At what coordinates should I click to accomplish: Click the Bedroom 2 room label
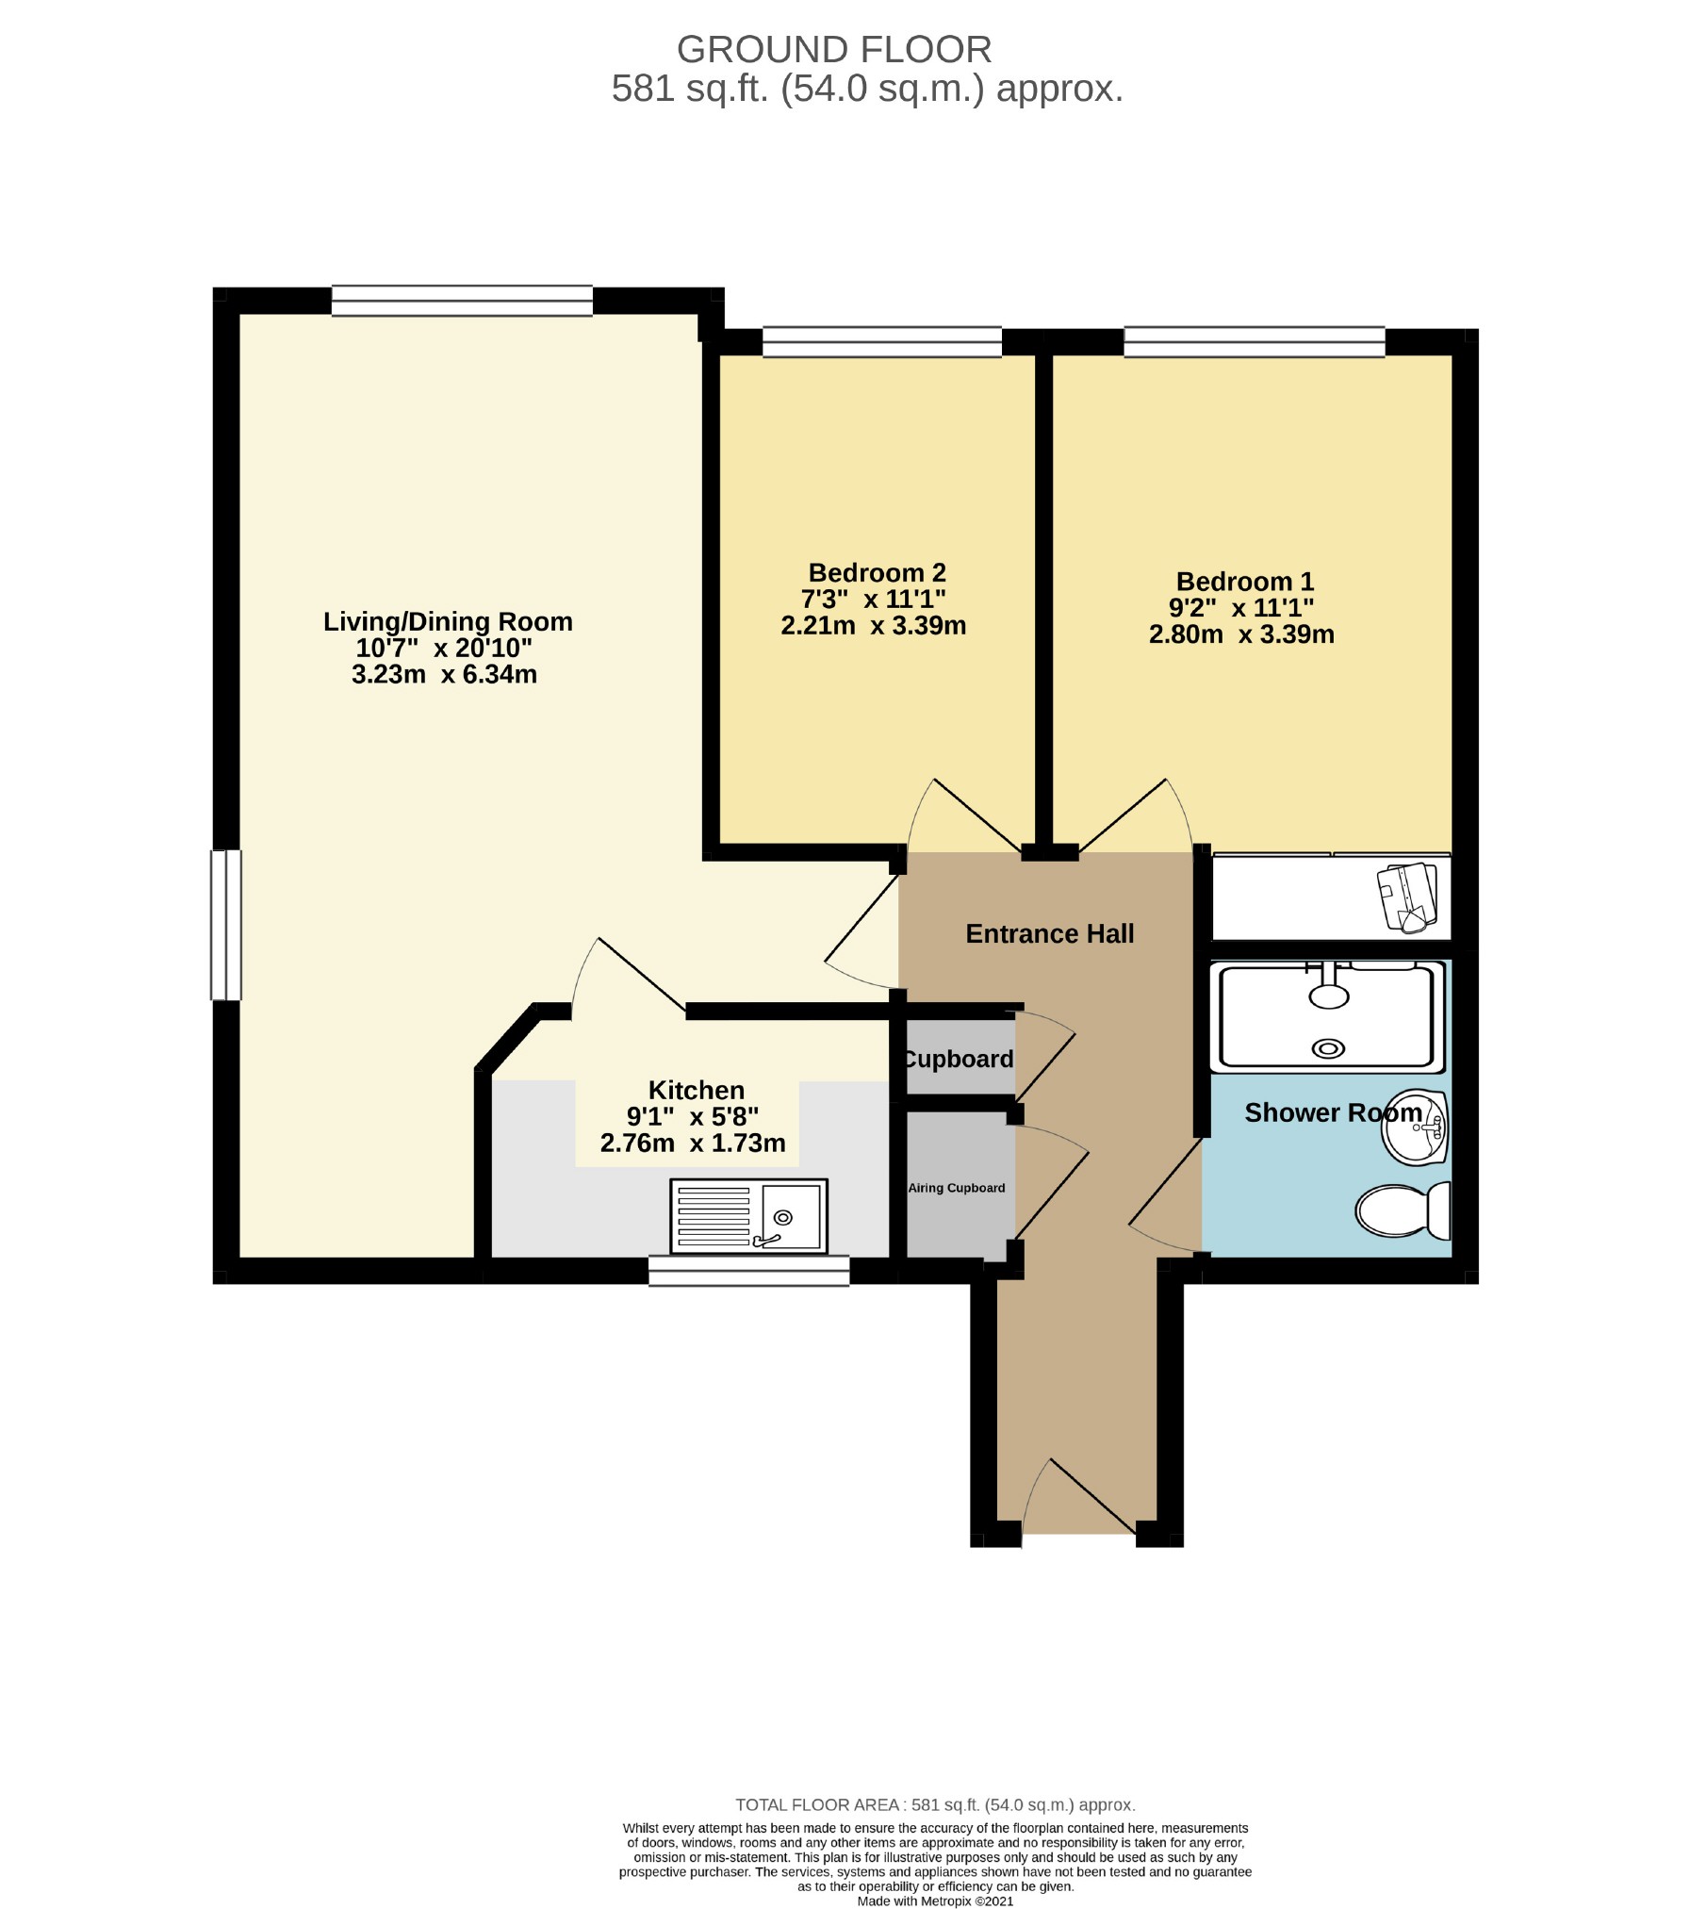click(x=876, y=572)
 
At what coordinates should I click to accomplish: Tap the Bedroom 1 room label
click(x=1243, y=581)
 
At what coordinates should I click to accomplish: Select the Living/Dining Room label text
click(x=447, y=621)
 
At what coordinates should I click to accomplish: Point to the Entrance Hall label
click(x=1049, y=933)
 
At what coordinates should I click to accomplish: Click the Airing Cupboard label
click(x=956, y=1188)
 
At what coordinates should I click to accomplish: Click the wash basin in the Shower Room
click(x=1414, y=1127)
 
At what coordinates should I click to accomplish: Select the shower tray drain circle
click(x=1329, y=1047)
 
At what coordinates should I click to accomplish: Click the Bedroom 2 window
click(x=881, y=342)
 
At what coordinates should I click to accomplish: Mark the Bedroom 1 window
click(x=1254, y=341)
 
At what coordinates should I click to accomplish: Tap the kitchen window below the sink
click(x=748, y=1270)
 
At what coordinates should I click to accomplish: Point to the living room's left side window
click(x=226, y=924)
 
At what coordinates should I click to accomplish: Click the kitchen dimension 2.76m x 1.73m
click(x=692, y=1143)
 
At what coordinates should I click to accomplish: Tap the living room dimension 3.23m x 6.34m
click(x=444, y=674)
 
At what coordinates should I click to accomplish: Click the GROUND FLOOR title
click(x=834, y=49)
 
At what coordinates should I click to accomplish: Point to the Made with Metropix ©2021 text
click(x=935, y=1901)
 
